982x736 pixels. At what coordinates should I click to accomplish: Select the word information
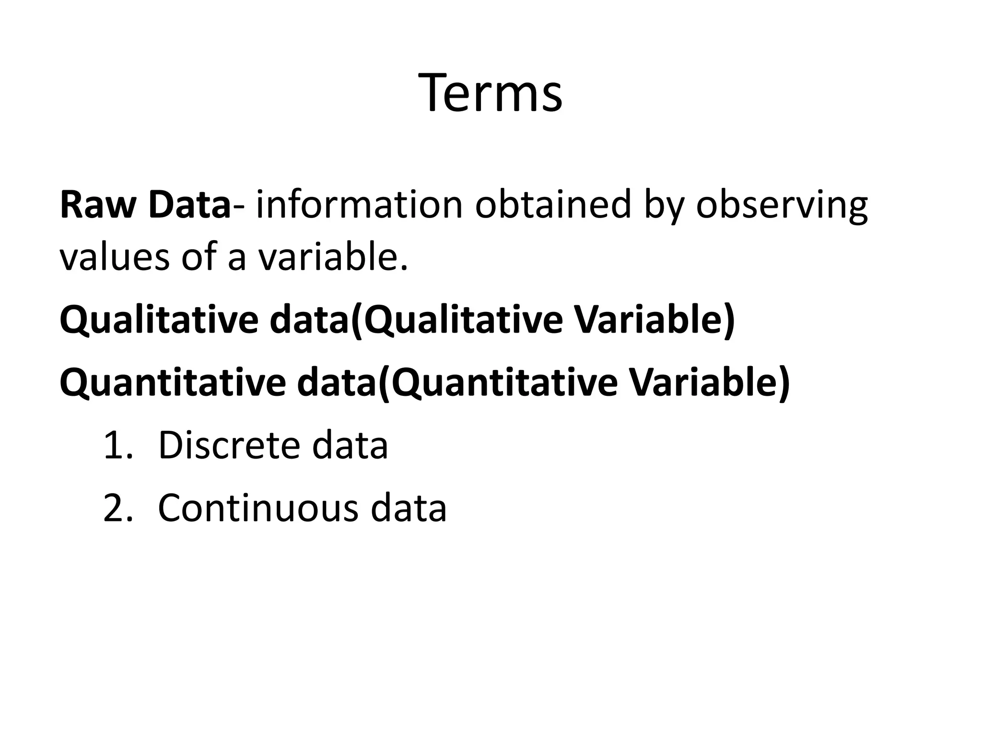click(359, 205)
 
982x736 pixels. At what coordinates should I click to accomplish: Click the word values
click(115, 256)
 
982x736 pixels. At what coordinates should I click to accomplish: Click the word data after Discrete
click(350, 445)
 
